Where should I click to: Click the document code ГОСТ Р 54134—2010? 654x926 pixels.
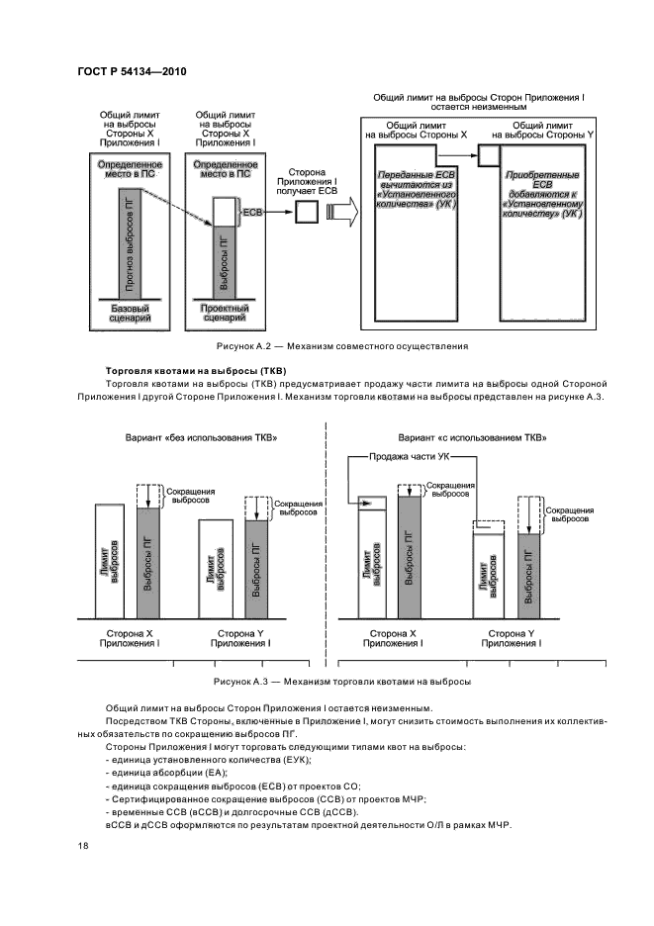132,72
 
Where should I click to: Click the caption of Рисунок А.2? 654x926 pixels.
341,346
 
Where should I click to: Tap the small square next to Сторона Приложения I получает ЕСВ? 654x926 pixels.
306,213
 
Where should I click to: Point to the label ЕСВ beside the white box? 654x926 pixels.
253,212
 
